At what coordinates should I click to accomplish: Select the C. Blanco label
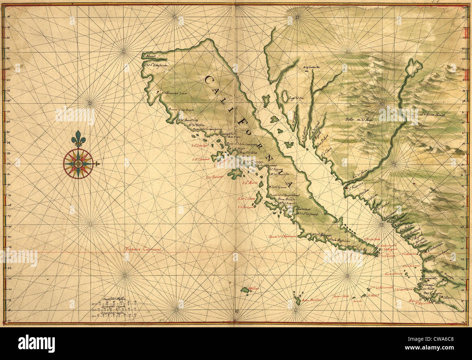point(149,56)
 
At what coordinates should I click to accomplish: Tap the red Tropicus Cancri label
point(143,249)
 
